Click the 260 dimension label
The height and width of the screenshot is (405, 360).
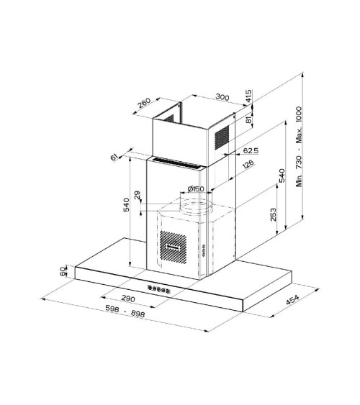(x=144, y=103)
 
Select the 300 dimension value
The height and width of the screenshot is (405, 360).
(x=222, y=97)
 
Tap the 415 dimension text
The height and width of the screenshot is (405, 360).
(x=248, y=96)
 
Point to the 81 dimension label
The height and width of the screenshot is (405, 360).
(x=248, y=119)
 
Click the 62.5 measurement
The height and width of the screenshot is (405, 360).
(x=251, y=150)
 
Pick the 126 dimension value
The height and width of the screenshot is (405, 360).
(x=248, y=164)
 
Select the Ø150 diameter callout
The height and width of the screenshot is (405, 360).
(x=196, y=188)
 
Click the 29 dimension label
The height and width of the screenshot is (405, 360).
(x=138, y=195)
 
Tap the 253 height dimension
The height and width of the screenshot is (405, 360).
(x=273, y=214)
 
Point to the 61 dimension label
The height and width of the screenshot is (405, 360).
(x=114, y=157)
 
